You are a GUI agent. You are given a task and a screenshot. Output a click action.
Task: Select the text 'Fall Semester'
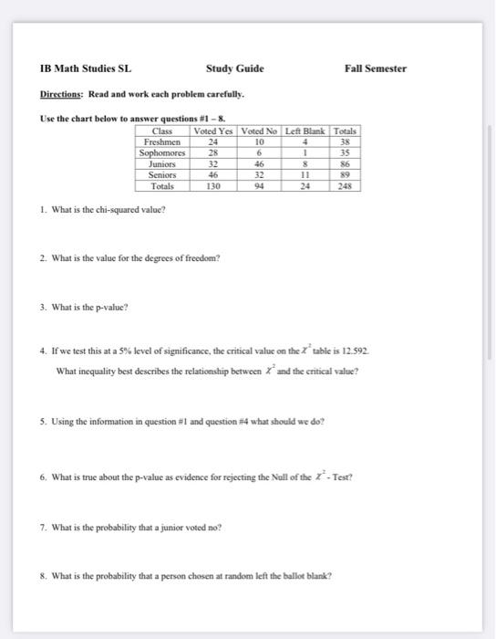tap(376, 68)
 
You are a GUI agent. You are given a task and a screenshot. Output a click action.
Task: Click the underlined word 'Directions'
tap(61, 94)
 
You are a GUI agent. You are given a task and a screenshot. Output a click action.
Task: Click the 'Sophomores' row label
tap(162, 153)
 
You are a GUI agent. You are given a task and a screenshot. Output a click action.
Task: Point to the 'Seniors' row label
tap(162, 173)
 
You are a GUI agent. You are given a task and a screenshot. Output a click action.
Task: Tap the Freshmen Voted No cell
tap(259, 143)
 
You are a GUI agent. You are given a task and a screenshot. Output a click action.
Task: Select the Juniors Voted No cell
tap(259, 163)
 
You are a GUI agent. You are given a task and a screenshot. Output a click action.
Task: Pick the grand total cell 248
tap(346, 184)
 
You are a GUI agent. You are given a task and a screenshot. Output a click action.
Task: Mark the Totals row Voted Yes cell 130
tap(213, 184)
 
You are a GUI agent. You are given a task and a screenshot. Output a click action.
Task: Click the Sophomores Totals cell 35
tap(346, 153)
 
